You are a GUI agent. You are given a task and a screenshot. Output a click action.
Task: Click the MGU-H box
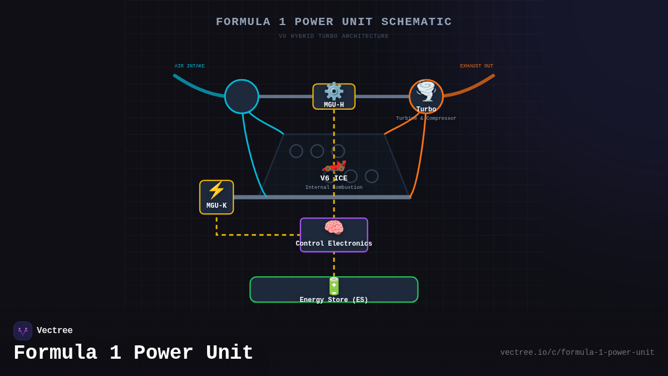point(334,97)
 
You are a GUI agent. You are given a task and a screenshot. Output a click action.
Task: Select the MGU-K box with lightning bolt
point(217,197)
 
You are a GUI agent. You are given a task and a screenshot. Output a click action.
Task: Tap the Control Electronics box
point(334,235)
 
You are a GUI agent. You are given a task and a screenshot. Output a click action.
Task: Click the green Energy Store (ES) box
point(334,290)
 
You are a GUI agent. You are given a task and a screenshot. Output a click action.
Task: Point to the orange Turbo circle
point(426,96)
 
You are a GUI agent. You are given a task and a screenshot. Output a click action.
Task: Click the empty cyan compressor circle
point(242,96)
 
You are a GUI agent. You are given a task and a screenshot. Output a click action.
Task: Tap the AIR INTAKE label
point(190,66)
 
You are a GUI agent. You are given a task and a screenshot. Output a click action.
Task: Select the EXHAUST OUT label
point(477,66)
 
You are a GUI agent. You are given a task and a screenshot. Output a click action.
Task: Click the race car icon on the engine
point(334,165)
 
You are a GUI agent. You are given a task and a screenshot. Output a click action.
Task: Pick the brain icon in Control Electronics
point(334,227)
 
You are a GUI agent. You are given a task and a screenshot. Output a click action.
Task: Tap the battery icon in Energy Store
point(334,286)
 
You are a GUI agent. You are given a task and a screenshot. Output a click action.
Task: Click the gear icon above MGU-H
point(334,91)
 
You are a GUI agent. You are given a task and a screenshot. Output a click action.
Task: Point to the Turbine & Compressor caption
point(426,119)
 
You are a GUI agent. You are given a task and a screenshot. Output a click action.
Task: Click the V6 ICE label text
point(334,178)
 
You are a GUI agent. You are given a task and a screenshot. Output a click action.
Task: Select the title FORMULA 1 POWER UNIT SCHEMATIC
point(334,22)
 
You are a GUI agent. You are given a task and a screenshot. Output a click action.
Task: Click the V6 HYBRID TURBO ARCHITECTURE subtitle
point(334,36)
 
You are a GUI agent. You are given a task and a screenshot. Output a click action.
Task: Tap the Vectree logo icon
point(23,331)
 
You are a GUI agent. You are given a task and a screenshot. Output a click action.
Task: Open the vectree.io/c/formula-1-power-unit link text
point(577,353)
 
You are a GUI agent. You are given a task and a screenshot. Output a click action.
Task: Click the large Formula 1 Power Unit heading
point(134,353)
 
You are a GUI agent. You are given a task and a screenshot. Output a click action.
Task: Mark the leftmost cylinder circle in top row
point(296,151)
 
